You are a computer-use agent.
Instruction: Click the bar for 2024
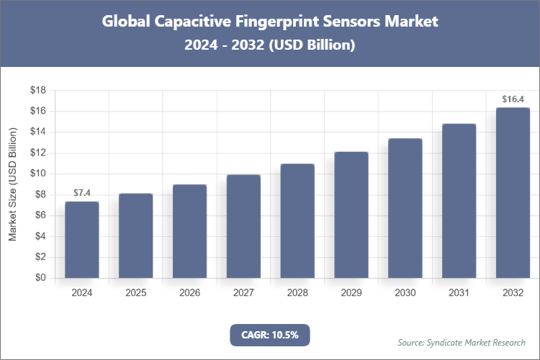click(82, 240)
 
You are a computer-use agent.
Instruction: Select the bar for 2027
click(243, 226)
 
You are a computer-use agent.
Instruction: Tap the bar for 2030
click(405, 208)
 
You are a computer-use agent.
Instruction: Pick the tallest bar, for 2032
click(513, 193)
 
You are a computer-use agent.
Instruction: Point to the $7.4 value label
click(82, 193)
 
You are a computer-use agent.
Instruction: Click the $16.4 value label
click(513, 99)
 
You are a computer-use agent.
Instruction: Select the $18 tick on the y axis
click(38, 91)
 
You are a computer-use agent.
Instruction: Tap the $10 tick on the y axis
click(38, 174)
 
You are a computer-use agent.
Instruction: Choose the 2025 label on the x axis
click(136, 293)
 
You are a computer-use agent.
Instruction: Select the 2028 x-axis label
click(297, 293)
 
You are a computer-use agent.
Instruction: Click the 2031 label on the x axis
click(459, 293)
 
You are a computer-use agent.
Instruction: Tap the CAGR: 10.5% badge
click(269, 335)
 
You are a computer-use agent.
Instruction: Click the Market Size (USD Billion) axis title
click(12, 184)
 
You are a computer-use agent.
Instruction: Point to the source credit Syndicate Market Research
click(462, 342)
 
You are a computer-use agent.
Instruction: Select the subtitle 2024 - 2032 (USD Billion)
click(270, 45)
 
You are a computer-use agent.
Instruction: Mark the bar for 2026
click(189, 231)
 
